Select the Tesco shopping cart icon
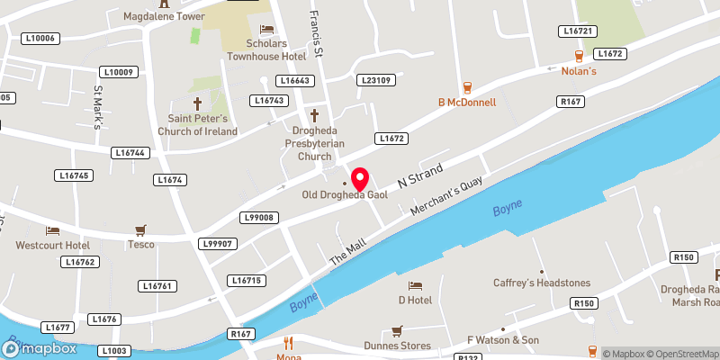pyautogui.click(x=140, y=230)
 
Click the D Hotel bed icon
pyautogui.click(x=415, y=285)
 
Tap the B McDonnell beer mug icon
pyautogui.click(x=467, y=88)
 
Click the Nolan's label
pyautogui.click(x=579, y=71)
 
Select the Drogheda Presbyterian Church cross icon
pyautogui.click(x=315, y=115)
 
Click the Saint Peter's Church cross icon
pyautogui.click(x=198, y=103)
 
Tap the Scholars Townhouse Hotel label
pyautogui.click(x=265, y=49)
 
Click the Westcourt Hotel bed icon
pyautogui.click(x=52, y=230)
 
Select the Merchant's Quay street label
pyautogui.click(x=447, y=196)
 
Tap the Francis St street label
pyautogui.click(x=315, y=28)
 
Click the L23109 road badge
pyautogui.click(x=376, y=80)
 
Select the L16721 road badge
pyautogui.click(x=579, y=31)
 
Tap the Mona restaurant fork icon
pyautogui.click(x=289, y=343)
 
